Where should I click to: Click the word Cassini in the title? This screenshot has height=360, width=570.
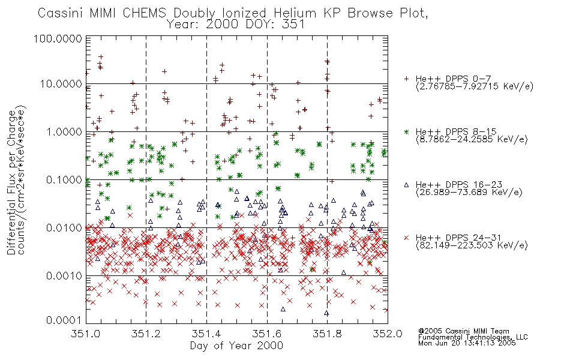(61, 13)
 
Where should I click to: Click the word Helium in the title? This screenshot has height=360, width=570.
(295, 13)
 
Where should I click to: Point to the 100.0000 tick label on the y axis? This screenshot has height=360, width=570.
(58, 38)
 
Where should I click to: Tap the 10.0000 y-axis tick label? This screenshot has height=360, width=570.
(61, 83)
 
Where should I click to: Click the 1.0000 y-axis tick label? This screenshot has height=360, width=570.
(64, 131)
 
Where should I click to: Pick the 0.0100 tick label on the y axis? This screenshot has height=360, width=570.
(64, 227)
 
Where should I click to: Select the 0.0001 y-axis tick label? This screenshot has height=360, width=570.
(64, 320)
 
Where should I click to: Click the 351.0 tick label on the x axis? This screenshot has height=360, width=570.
(86, 334)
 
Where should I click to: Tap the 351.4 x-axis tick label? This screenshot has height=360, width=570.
(206, 334)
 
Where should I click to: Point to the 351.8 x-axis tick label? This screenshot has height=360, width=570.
(327, 334)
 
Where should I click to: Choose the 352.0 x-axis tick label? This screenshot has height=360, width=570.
(388, 334)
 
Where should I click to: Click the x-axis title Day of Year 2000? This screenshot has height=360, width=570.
(236, 346)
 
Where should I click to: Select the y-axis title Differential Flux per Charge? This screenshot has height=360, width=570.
(11, 182)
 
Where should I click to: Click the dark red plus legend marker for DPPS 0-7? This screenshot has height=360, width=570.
(406, 79)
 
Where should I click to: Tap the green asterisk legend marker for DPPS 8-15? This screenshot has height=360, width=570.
(406, 131)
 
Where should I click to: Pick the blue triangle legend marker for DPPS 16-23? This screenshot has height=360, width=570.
(406, 185)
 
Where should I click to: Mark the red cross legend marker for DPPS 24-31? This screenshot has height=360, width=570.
(406, 238)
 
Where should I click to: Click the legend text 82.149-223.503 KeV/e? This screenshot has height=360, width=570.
(472, 245)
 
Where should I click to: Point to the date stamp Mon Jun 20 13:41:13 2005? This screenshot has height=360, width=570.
(467, 343)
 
